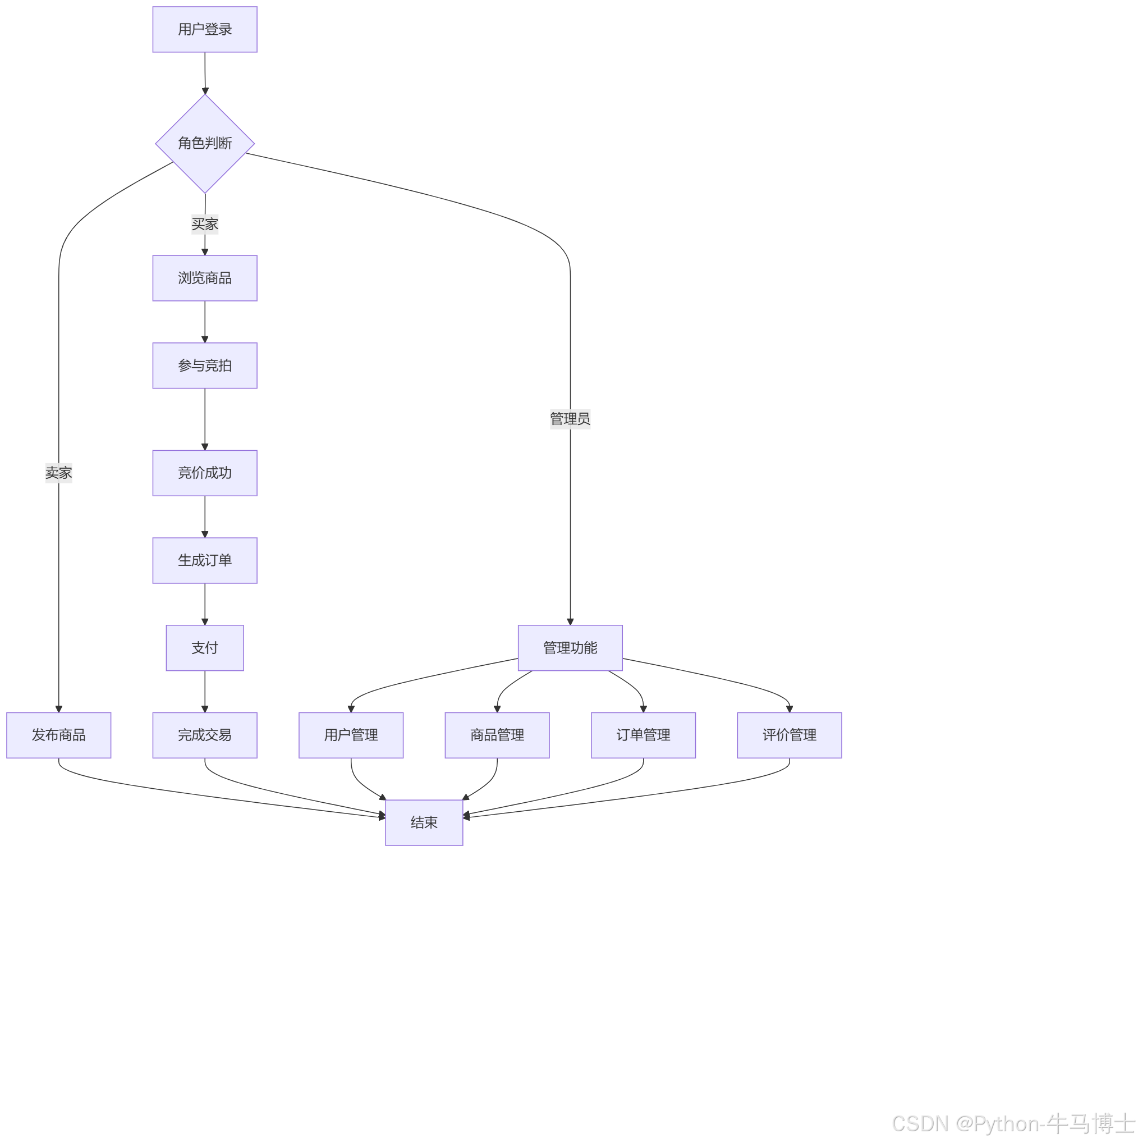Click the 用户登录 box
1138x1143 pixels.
[x=205, y=30]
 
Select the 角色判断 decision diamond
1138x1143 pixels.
[x=205, y=144]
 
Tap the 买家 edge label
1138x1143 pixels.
[x=205, y=224]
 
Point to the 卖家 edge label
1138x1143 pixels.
[x=58, y=473]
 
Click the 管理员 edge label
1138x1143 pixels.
[x=570, y=419]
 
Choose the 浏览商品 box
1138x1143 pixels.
[x=205, y=278]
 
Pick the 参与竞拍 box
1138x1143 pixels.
[x=205, y=365]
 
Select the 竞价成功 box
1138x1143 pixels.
[x=205, y=473]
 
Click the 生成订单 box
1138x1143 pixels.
[x=205, y=560]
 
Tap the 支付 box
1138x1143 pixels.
[x=205, y=648]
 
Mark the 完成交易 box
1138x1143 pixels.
[x=205, y=735]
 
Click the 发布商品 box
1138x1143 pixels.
[x=58, y=735]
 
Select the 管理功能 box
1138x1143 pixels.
[x=570, y=648]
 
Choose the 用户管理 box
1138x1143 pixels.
[x=351, y=735]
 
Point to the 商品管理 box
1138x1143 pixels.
[x=497, y=735]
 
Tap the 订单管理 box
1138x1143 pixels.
[x=643, y=735]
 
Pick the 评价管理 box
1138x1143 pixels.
[x=789, y=735]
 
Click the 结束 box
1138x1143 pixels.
[x=424, y=822]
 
